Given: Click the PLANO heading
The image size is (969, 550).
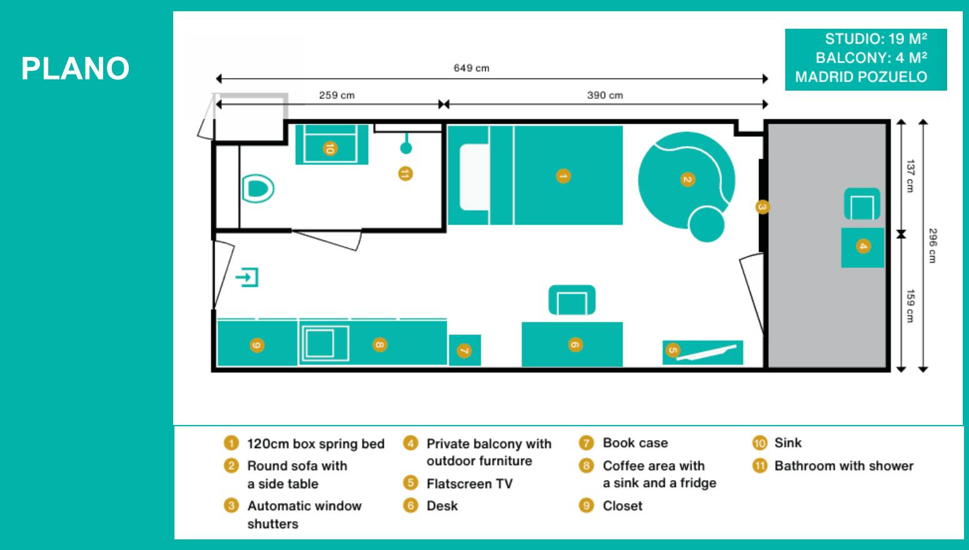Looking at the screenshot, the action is click(75, 68).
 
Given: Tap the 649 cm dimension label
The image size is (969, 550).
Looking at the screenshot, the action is click(471, 68).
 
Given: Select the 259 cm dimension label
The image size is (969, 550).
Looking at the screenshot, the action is click(336, 95).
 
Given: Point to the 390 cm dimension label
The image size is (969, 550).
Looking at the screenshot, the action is click(605, 95).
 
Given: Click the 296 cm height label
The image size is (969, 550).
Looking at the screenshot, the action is click(933, 246).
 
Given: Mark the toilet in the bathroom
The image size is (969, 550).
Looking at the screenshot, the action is click(258, 189).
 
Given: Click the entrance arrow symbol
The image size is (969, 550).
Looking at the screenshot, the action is click(247, 277).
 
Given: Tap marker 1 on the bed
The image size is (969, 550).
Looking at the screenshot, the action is click(563, 176).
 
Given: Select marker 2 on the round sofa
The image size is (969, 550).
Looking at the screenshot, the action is click(688, 179).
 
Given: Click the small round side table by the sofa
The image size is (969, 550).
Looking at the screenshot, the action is click(706, 224).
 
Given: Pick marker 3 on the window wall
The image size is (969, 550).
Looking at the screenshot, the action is click(762, 207).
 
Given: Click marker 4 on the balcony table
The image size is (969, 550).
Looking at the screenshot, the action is click(863, 246).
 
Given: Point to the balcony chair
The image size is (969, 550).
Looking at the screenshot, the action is click(861, 204).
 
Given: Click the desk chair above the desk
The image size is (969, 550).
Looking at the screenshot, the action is click(572, 299).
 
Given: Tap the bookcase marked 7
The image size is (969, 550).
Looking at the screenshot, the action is click(464, 350).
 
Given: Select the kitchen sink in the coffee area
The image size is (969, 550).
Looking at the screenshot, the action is click(324, 344).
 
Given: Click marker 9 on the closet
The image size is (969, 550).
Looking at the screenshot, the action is click(257, 346).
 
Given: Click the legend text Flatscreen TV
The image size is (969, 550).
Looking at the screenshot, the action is click(469, 483).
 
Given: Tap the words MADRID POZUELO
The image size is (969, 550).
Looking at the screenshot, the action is click(861, 77).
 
